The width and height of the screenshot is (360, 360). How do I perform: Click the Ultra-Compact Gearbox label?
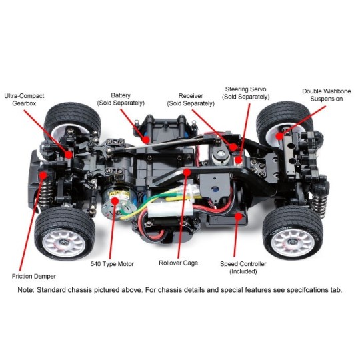pos(24,99)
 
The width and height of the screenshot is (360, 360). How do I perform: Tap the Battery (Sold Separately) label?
pos(121,99)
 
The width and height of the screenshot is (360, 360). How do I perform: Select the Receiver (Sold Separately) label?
pos(191,99)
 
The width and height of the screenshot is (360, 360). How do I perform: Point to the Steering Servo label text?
pos(245,89)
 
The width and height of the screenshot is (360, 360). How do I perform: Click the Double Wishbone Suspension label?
pos(326,95)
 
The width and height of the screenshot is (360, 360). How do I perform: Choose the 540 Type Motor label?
pos(112,264)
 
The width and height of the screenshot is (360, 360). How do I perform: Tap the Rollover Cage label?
pos(179,263)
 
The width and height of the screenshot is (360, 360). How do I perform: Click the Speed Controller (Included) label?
pos(243,267)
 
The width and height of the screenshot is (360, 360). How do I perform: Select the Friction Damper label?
pos(34,276)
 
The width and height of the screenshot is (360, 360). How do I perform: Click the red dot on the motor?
pos(115,201)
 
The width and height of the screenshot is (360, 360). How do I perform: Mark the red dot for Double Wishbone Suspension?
pos(279,136)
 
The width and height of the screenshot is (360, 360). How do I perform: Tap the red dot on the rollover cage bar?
pos(187,172)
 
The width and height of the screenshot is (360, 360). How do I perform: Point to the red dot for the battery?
pos(145,139)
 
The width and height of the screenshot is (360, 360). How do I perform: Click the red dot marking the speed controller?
pos(239,216)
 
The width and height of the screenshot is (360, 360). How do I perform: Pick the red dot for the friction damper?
pos(43,175)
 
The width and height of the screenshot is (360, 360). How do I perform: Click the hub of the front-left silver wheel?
pos(63,242)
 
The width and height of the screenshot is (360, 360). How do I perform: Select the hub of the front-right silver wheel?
pos(291,242)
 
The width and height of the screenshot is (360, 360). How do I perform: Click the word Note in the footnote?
pos(26,290)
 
